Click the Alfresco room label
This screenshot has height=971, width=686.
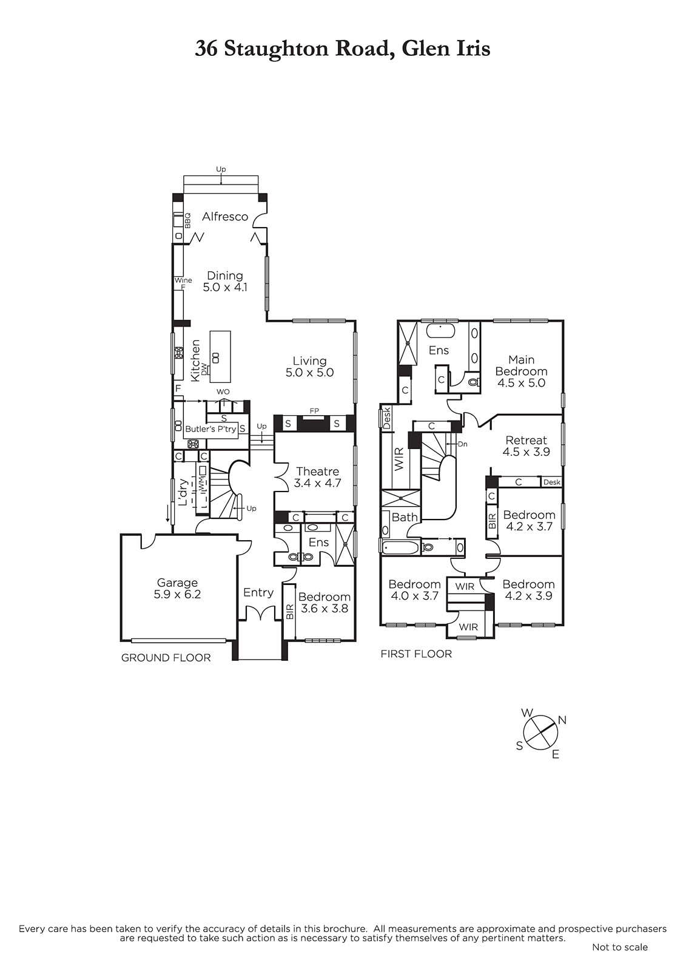(225, 217)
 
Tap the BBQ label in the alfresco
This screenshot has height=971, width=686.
(187, 220)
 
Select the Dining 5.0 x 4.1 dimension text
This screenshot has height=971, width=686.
(225, 287)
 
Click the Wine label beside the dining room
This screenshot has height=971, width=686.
(183, 280)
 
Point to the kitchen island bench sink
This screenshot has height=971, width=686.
(215, 357)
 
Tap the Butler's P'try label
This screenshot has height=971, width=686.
(210, 429)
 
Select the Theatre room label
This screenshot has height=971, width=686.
(318, 471)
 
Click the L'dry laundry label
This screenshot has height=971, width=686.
(183, 492)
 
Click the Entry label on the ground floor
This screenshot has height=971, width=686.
(258, 592)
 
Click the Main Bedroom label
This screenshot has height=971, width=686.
(522, 365)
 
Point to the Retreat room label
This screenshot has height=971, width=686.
(526, 441)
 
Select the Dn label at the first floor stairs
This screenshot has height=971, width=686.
(462, 444)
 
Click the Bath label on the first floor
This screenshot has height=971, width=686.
(405, 517)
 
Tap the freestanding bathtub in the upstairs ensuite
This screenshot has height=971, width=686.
(440, 331)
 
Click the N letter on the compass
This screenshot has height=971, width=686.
(562, 720)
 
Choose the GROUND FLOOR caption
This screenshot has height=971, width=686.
(166, 658)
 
